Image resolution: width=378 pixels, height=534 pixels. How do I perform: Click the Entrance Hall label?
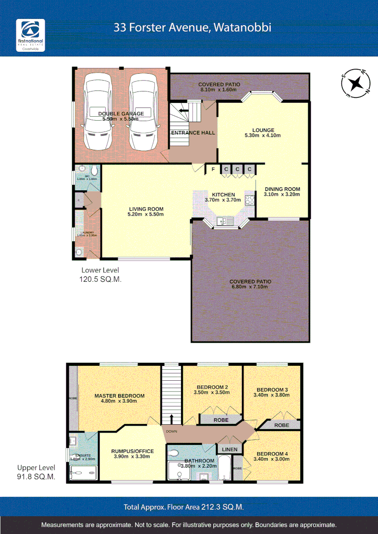click(193, 133)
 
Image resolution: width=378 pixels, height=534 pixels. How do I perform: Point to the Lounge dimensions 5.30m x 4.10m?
click(263, 135)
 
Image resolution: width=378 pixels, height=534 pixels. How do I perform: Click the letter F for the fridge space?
click(213, 170)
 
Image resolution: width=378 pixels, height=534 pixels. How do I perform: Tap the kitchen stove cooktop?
click(249, 200)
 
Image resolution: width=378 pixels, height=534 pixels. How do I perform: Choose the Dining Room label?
click(282, 189)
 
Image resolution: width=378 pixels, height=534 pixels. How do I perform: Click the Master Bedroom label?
click(119, 396)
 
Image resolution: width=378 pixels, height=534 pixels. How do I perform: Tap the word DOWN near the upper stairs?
click(172, 431)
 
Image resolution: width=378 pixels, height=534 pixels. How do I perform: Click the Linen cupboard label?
click(230, 449)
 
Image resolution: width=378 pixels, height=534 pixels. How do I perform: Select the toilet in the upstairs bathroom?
click(174, 452)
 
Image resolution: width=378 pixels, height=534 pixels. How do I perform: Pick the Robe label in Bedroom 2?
click(221, 420)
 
